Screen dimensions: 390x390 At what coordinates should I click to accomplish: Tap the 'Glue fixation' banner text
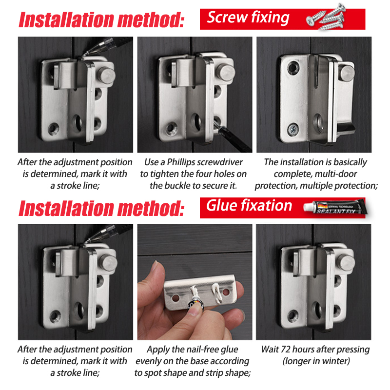[x=249, y=205]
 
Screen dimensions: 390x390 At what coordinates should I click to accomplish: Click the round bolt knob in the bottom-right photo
[x=347, y=262]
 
